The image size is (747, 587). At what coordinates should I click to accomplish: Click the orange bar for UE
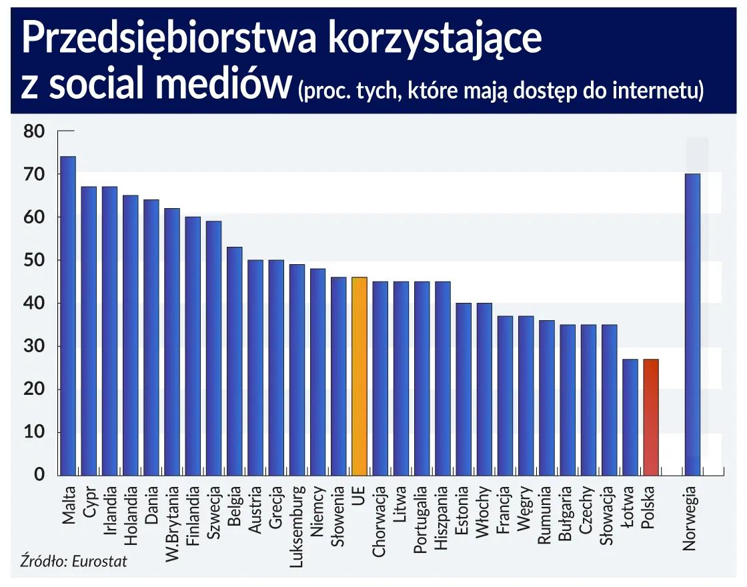(359, 376)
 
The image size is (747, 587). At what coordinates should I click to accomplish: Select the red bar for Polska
(651, 417)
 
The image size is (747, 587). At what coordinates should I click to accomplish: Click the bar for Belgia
(234, 361)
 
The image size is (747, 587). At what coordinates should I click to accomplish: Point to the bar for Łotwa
(630, 417)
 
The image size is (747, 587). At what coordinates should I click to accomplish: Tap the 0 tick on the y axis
(39, 476)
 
